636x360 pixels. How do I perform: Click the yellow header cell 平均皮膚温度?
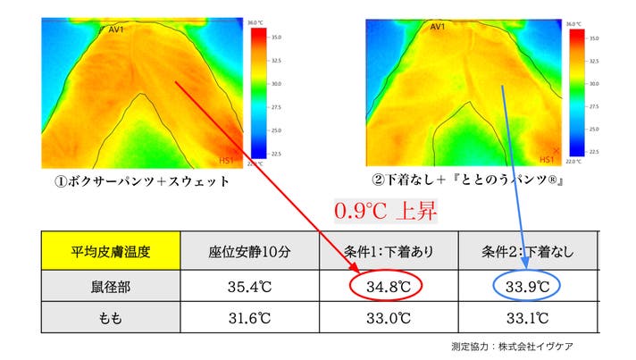[x=111, y=252]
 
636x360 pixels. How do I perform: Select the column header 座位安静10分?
[x=250, y=252]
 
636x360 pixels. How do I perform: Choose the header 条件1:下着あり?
[x=389, y=252]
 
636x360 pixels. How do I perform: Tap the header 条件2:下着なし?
[x=527, y=252]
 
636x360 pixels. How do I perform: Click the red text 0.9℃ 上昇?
[x=387, y=211]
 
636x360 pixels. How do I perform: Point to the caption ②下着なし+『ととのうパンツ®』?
[x=472, y=180]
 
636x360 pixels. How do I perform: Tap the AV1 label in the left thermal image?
[x=115, y=29]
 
